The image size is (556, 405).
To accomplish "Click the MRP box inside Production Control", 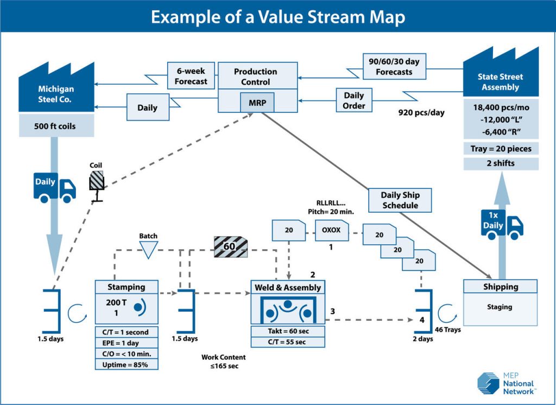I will (257, 102).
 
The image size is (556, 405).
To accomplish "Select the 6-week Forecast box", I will (191, 76).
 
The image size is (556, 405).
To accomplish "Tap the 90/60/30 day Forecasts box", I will (395, 66).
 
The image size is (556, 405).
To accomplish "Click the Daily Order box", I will (354, 100).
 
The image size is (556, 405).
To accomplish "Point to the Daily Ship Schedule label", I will (400, 200).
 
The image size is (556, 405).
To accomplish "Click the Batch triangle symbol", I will (148, 249).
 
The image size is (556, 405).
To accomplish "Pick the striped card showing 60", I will (231, 247).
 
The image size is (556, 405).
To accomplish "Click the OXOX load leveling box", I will (331, 230).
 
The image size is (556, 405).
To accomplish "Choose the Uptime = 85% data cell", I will (127, 364).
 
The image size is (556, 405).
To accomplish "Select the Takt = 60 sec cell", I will (288, 331).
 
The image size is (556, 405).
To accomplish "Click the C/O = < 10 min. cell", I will (127, 353).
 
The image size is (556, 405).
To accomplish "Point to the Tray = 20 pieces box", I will (501, 148).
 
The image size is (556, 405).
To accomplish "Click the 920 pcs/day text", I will (421, 113).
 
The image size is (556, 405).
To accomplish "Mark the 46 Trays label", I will (448, 329).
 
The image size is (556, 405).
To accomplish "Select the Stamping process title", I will (127, 287).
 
